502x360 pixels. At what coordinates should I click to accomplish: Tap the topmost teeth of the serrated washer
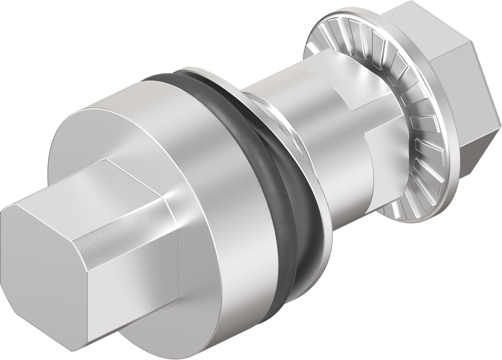click(x=343, y=24)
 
